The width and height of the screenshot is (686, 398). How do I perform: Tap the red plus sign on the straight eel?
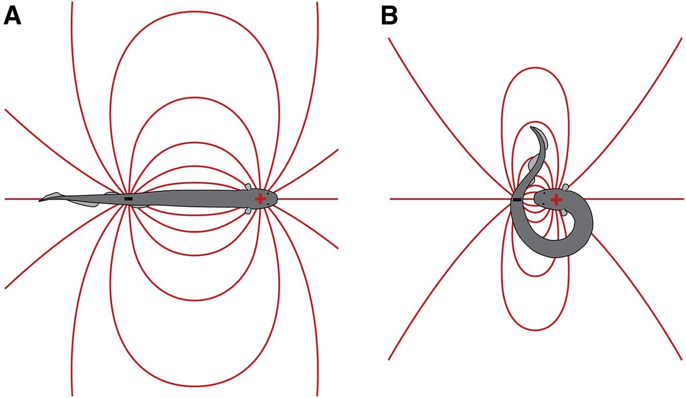click(x=261, y=199)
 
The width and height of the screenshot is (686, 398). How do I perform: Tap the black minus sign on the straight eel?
click(x=129, y=199)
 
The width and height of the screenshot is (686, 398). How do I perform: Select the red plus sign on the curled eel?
click(x=556, y=199)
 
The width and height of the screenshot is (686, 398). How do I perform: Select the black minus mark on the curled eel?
click(x=517, y=200)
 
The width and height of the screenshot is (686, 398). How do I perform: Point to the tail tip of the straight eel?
click(x=40, y=200)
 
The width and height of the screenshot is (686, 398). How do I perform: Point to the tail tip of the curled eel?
click(x=532, y=128)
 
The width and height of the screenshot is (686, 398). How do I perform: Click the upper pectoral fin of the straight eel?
click(x=249, y=187)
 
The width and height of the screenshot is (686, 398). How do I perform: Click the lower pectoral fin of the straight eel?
click(x=249, y=211)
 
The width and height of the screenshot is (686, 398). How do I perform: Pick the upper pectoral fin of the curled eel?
click(x=565, y=187)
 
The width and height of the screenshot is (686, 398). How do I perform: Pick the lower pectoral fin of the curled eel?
click(x=565, y=212)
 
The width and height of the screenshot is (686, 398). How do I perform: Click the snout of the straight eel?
click(x=277, y=199)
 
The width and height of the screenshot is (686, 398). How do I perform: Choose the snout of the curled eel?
click(x=536, y=199)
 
